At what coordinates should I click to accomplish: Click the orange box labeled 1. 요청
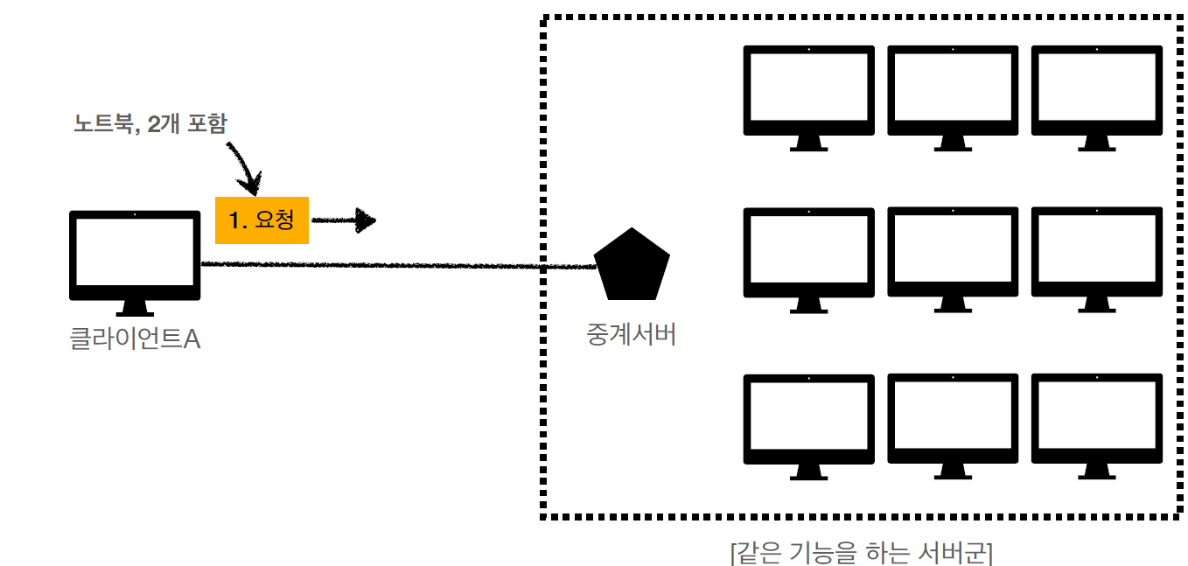[x=262, y=220]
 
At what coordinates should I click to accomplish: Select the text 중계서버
[x=631, y=335]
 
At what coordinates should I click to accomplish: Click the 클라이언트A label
[x=135, y=339]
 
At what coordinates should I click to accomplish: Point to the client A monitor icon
[x=135, y=254]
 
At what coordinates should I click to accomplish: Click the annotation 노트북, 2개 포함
[x=150, y=124]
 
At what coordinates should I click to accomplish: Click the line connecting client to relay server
[x=394, y=265]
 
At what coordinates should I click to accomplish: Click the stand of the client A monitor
[x=135, y=307]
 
